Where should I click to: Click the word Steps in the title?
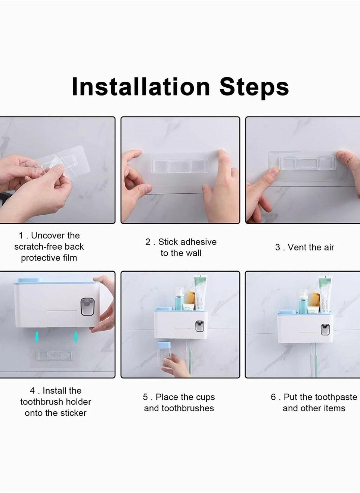254,87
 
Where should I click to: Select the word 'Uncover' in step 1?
48,235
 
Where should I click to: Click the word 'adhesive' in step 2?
197,242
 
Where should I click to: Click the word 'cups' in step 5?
205,397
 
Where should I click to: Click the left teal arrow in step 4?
37,337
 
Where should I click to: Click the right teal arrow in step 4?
76,337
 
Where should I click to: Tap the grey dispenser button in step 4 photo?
87,306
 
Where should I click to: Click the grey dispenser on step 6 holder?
325,329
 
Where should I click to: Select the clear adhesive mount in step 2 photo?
179,166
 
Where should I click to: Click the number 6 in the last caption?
273,397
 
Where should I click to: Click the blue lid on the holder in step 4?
30,280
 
